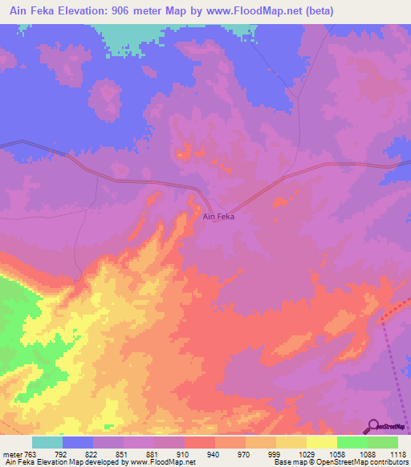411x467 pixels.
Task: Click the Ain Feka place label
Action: point(218,217)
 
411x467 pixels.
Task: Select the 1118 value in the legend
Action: point(397,453)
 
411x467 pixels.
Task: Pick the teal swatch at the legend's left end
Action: point(47,442)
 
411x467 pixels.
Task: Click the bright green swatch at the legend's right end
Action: point(383,442)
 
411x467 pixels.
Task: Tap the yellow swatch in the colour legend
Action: point(322,442)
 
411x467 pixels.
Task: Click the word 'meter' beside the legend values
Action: point(13,453)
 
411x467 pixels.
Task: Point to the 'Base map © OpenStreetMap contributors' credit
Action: point(341,463)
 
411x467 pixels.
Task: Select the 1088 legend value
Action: point(367,453)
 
